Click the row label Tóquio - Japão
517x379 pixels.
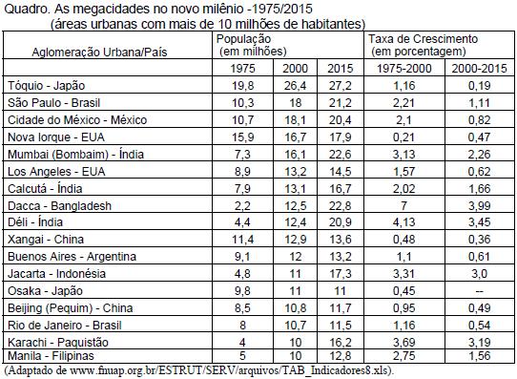click(x=46, y=86)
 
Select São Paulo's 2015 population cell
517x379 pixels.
click(x=341, y=103)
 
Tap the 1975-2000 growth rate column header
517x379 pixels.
click(x=403, y=69)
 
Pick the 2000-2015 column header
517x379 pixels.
click(x=479, y=69)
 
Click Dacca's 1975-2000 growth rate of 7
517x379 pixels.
click(x=403, y=206)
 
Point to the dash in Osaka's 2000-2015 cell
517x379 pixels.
click(x=479, y=291)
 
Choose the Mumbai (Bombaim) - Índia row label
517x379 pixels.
click(x=75, y=155)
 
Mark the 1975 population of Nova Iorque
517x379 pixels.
click(x=242, y=137)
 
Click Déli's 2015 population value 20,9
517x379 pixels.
click(x=341, y=222)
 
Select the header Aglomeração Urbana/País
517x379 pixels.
click(x=99, y=53)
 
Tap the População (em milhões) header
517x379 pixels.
click(x=251, y=45)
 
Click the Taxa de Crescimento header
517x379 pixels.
click(x=423, y=45)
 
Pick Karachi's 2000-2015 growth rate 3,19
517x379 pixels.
click(x=479, y=342)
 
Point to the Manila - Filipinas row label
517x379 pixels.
click(x=51, y=356)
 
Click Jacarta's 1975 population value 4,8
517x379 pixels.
click(x=242, y=273)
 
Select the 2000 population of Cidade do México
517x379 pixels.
click(x=295, y=120)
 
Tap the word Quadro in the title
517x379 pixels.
click(x=26, y=9)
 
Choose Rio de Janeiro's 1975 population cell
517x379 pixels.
click(x=242, y=326)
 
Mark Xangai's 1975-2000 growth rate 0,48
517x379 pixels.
click(x=403, y=240)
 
